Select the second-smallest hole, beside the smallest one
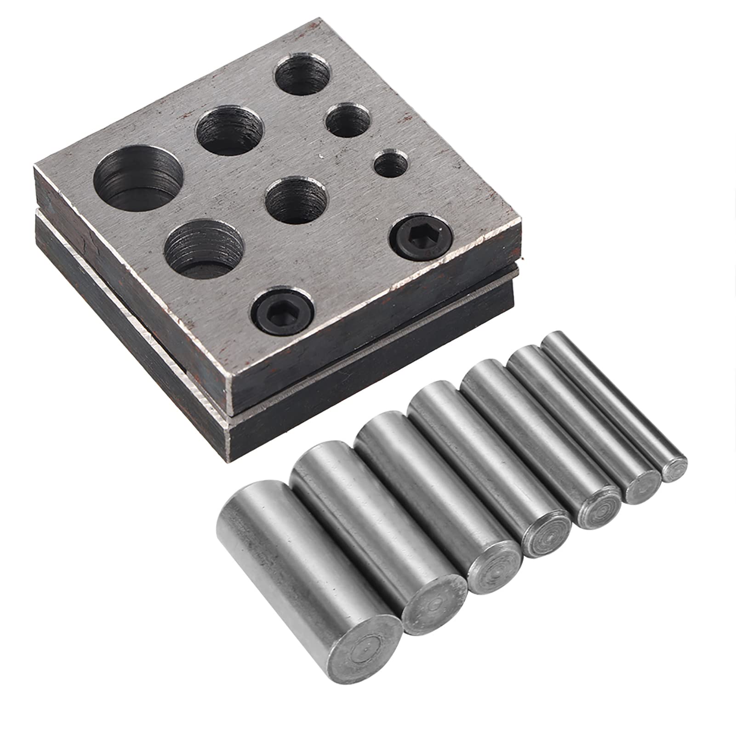click(348, 120)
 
